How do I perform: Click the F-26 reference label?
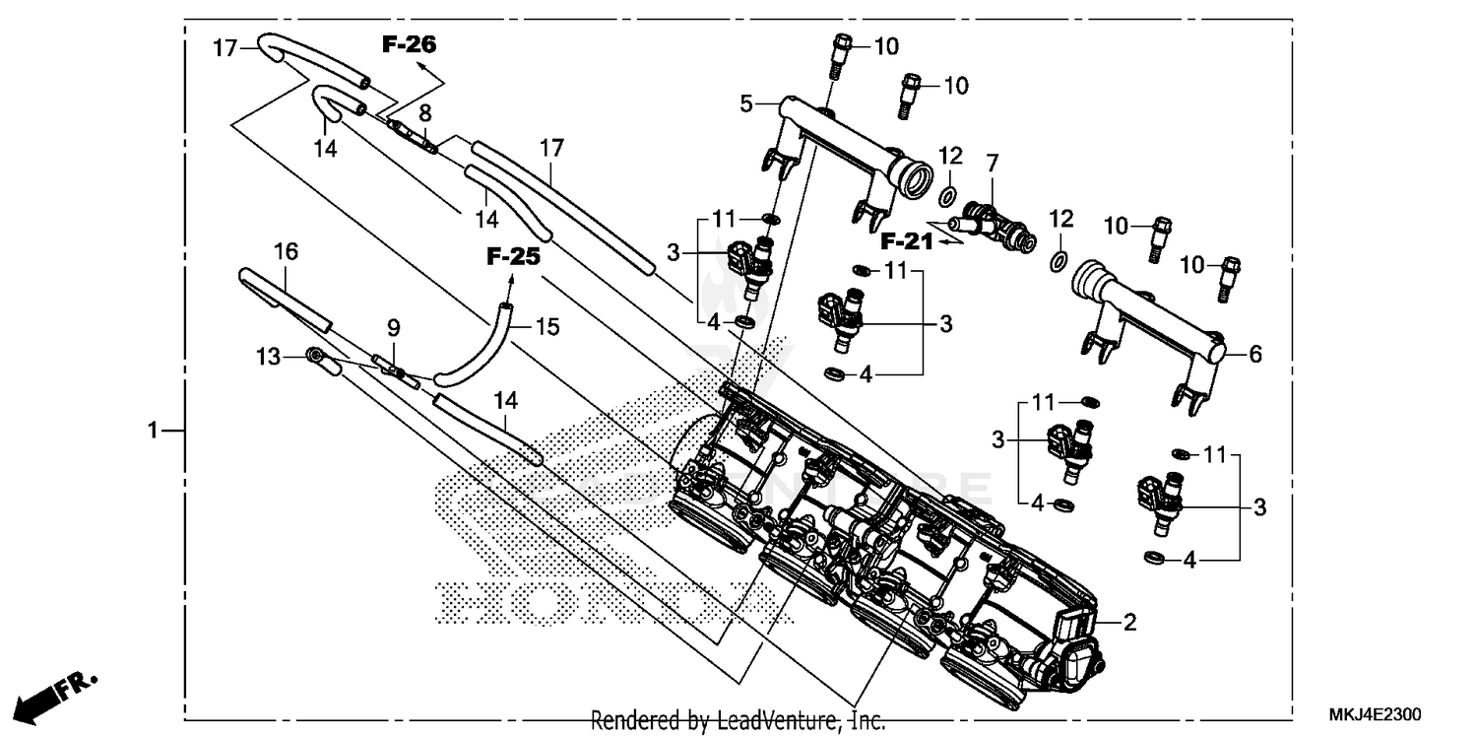tap(410, 44)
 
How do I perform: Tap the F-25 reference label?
tap(513, 257)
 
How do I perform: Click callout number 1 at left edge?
tap(153, 431)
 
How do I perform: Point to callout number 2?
tap(1130, 622)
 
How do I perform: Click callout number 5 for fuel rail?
tap(746, 102)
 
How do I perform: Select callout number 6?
tap(1254, 354)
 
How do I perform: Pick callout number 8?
tap(424, 111)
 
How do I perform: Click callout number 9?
tap(392, 326)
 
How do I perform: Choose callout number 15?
tap(546, 326)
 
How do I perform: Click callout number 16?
tap(286, 252)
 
